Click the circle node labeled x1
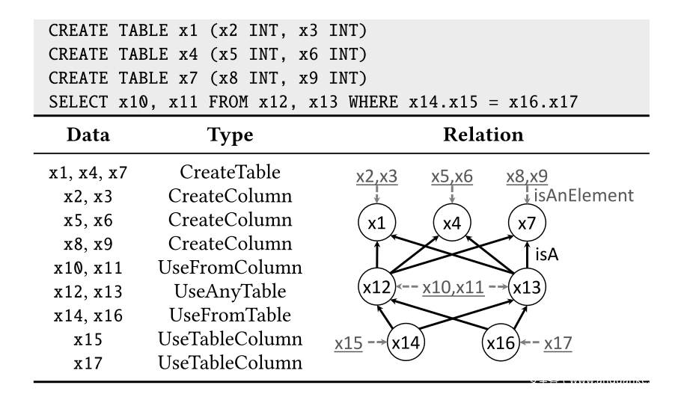378,223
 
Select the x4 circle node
453,223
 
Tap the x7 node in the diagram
528,223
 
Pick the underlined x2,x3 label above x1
376,177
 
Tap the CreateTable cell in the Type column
230,173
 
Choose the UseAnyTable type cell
230,290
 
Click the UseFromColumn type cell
230,267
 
